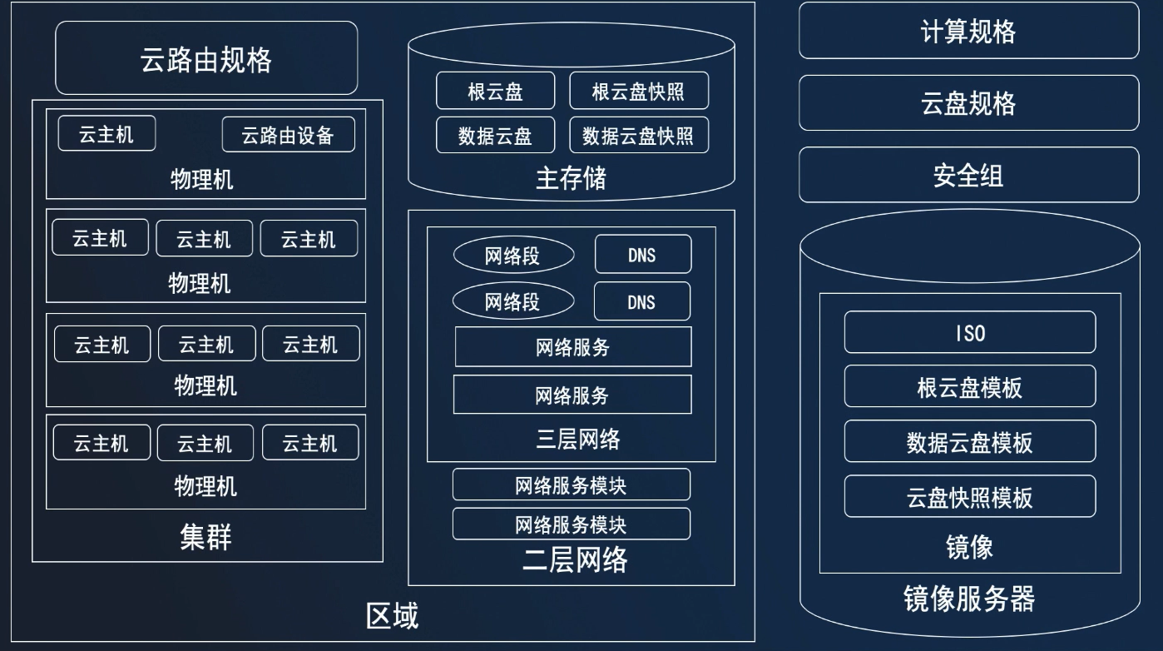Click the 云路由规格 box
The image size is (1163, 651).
coord(206,58)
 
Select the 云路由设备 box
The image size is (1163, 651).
coord(288,135)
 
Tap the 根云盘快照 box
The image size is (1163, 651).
coord(638,91)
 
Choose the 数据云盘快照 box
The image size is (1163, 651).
coord(638,135)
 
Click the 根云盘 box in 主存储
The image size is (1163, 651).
coord(495,91)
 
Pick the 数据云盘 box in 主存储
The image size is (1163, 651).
coord(495,135)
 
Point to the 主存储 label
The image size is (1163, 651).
coord(571,178)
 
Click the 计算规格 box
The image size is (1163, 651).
coord(968,32)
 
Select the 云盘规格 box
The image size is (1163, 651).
coord(968,103)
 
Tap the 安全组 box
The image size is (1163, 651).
coord(968,176)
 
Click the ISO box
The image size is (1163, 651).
coord(969,333)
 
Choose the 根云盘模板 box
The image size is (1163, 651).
coord(969,387)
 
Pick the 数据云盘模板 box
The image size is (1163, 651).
coord(969,442)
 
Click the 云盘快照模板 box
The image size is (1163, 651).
coord(969,497)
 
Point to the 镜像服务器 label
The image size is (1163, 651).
coord(969,599)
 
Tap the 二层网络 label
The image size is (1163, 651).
coord(575,559)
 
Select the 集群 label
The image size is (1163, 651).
coord(205,537)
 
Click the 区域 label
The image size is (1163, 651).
coord(392,616)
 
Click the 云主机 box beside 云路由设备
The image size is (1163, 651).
coord(106,134)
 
